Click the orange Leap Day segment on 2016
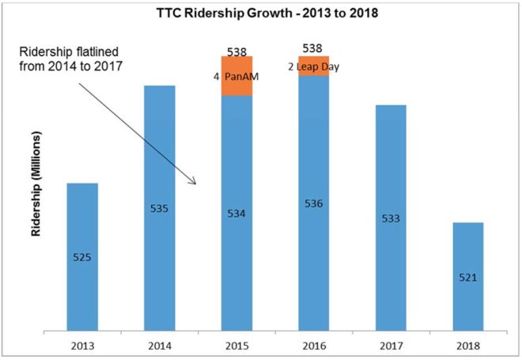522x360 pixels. tap(314, 66)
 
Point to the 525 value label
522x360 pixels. tap(82, 257)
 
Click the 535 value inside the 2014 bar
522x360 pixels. tap(160, 209)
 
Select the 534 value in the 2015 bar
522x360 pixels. tap(236, 213)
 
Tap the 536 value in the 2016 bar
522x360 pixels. tap(313, 203)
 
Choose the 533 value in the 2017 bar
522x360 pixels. tap(391, 217)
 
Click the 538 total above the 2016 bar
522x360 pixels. tap(314, 48)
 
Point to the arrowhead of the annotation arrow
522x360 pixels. tap(195, 184)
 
